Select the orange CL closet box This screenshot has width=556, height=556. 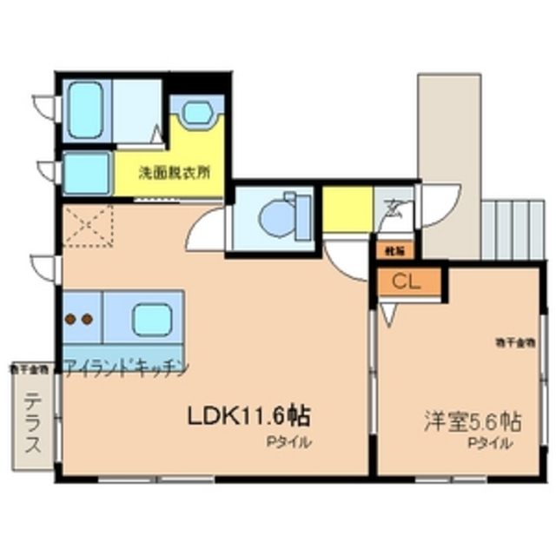point(407,281)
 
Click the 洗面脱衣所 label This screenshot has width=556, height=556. point(175,171)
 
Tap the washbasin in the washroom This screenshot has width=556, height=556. point(198,114)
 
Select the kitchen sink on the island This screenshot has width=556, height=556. point(149,317)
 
